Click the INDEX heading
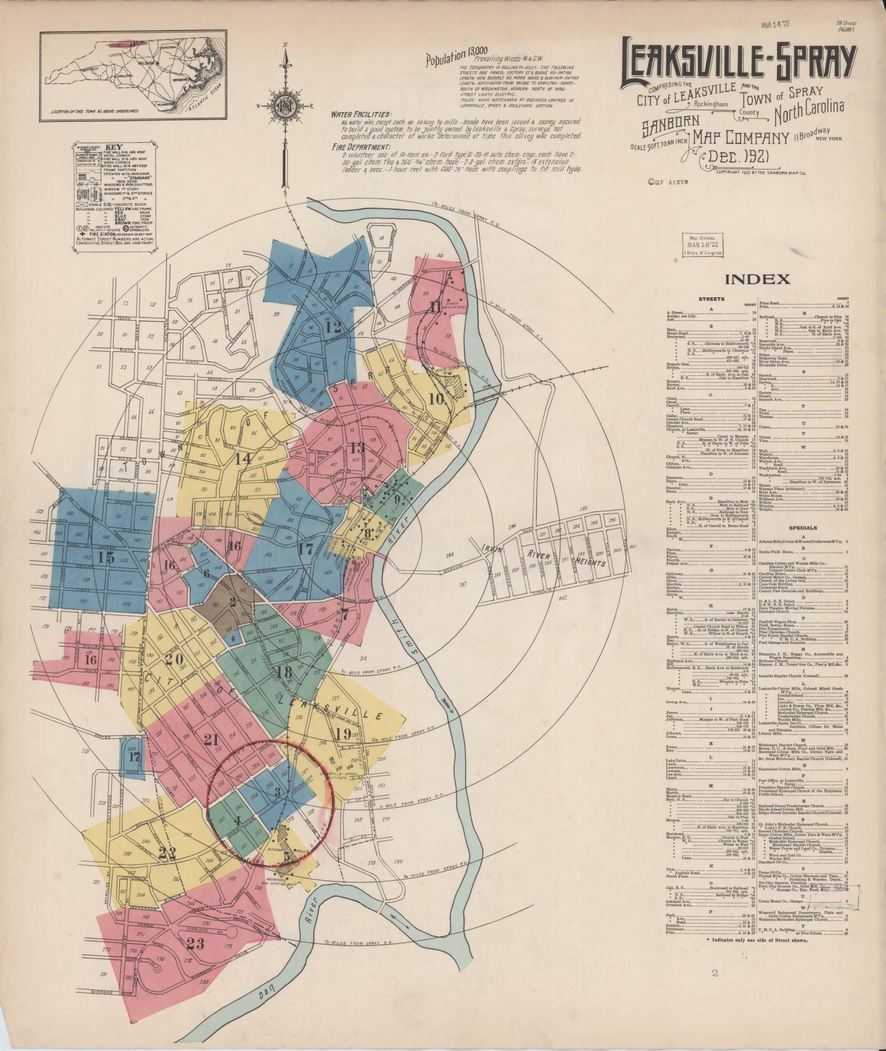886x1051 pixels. [757, 279]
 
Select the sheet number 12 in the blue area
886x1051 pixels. [332, 328]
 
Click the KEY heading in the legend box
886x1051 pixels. [113, 147]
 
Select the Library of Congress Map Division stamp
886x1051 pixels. [703, 244]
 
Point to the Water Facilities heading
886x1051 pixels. [360, 114]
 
